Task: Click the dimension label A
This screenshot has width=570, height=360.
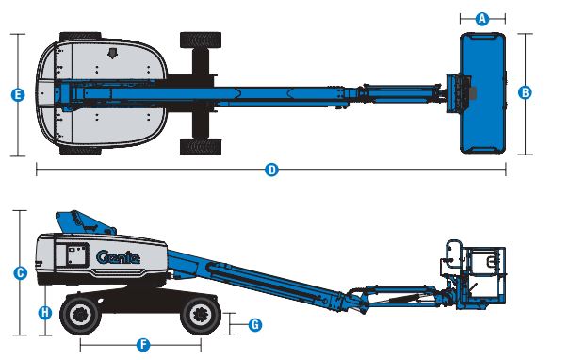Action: pos(482,19)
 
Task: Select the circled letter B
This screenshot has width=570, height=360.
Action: pos(525,92)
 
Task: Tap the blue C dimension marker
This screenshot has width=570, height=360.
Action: pos(20,273)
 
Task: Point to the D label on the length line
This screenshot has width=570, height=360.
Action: pos(271,170)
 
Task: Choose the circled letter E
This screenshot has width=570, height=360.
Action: pos(18,95)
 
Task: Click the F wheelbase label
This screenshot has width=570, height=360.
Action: pos(143,344)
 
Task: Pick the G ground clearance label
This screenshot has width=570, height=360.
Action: pos(255,324)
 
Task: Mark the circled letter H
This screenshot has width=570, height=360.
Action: pos(45,312)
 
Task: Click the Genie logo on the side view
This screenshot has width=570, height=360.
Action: pos(118,257)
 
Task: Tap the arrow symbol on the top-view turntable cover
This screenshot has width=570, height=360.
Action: pos(113,54)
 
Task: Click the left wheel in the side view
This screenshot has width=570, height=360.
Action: pos(79,314)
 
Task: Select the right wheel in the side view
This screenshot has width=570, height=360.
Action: pos(201,314)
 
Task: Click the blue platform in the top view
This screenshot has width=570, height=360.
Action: pos(482,93)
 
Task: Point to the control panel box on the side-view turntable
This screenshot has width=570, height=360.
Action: pos(76,254)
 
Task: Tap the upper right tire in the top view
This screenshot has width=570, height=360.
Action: pos(201,40)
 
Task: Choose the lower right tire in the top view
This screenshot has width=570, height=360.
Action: pos(201,146)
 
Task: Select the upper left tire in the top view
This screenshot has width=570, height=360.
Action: pos(80,36)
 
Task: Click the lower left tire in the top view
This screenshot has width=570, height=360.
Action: pos(80,150)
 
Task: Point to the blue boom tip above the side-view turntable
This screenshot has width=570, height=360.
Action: pos(85,222)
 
